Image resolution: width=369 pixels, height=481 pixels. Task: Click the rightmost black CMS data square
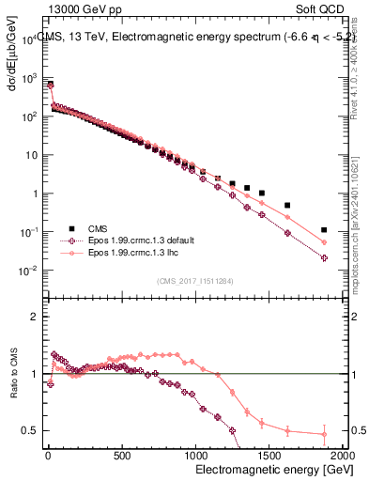(x=324, y=229)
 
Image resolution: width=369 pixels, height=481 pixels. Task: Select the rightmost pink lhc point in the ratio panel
(x=324, y=434)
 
